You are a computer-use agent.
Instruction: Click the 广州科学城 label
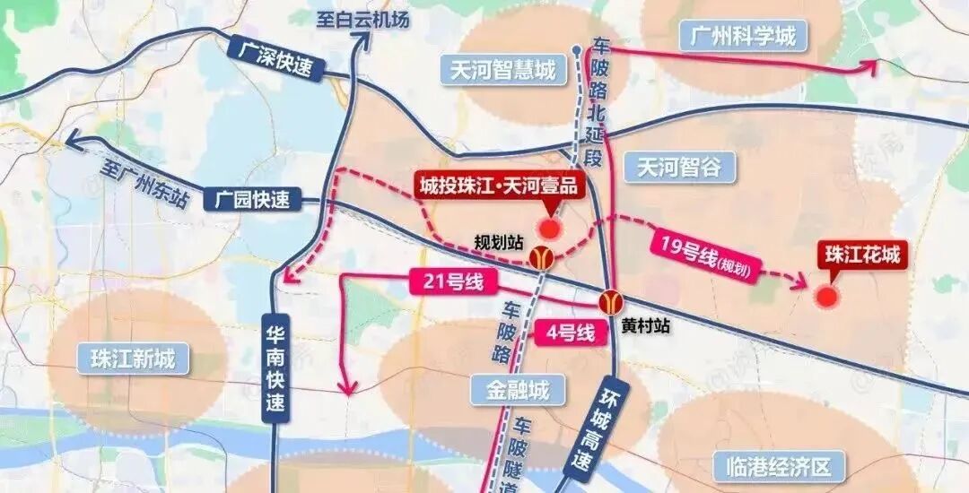click(x=744, y=37)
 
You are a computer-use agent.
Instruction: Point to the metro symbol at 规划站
click(x=541, y=258)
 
